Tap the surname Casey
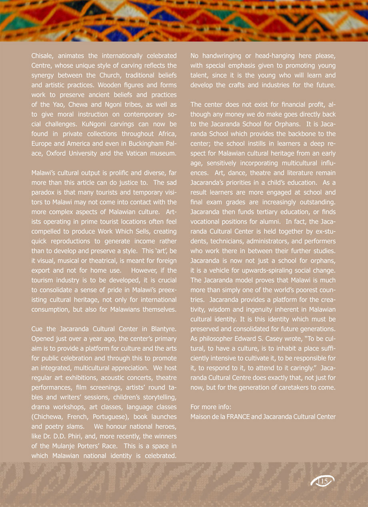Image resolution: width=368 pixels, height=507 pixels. click(281, 339)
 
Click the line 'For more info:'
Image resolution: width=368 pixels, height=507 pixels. click(210, 407)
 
